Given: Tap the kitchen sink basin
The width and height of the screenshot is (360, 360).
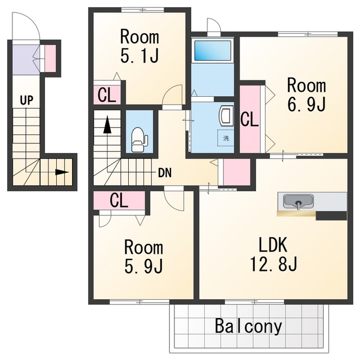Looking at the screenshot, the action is tap(298, 201).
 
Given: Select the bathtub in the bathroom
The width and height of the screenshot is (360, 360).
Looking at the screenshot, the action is tap(213, 51).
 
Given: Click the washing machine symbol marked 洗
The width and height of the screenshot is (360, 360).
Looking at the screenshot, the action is tap(226, 138).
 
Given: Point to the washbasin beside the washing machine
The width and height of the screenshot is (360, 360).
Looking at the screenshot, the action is tap(226, 115).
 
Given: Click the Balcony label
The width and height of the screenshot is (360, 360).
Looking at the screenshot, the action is tap(249, 326).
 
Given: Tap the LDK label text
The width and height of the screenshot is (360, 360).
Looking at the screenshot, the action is tap(273, 245).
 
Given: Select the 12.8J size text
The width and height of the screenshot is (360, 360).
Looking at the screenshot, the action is tap(273, 264).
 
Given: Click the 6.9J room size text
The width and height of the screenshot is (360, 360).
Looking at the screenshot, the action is tap(306, 104).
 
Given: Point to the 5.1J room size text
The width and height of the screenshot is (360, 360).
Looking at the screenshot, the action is tap(139, 55).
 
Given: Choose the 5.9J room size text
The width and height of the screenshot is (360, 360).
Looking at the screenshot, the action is tap(143, 266).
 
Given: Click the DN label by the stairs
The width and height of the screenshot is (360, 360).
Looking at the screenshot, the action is tap(165, 173).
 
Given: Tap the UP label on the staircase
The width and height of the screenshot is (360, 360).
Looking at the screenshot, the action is tap(26, 100).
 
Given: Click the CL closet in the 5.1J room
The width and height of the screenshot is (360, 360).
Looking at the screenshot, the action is tap(107, 95).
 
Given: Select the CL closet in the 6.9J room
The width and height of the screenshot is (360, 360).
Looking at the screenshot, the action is tap(250, 119).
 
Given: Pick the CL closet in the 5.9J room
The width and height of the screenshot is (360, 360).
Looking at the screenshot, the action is tap(119, 200).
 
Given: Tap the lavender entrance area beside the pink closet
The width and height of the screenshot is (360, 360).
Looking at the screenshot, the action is tap(23, 60).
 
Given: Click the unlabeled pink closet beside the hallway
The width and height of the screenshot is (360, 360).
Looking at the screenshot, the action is tap(237, 172).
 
